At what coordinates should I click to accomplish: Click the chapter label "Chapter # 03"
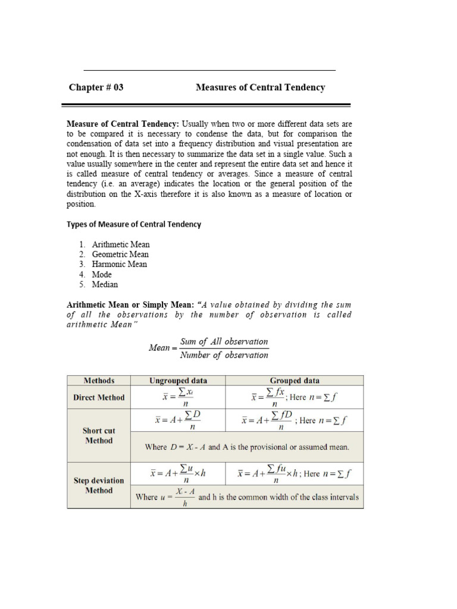[x=96, y=87]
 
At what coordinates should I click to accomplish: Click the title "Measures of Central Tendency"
[x=261, y=87]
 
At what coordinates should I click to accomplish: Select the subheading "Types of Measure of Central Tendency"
[x=134, y=224]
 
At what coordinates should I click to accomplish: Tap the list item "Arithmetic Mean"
[x=121, y=244]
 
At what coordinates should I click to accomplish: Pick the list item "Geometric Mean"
[x=120, y=255]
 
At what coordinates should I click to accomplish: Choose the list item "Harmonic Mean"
[x=120, y=264]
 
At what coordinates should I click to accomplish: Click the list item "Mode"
[x=102, y=275]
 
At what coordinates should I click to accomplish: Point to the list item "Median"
[x=105, y=284]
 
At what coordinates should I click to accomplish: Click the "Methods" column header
[x=99, y=381]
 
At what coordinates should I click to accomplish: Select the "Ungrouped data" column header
[x=178, y=381]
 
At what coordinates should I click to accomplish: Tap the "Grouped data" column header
[x=295, y=381]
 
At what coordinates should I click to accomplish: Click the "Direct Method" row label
[x=99, y=397]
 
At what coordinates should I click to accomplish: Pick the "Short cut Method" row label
[x=99, y=435]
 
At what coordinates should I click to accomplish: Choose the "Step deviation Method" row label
[x=99, y=485]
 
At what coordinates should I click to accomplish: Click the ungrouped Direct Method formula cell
[x=178, y=397]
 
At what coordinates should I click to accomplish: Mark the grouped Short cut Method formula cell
[x=295, y=420]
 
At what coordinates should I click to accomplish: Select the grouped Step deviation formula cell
[x=295, y=474]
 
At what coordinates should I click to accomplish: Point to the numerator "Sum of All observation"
[x=224, y=342]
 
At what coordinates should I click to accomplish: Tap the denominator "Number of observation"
[x=224, y=355]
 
